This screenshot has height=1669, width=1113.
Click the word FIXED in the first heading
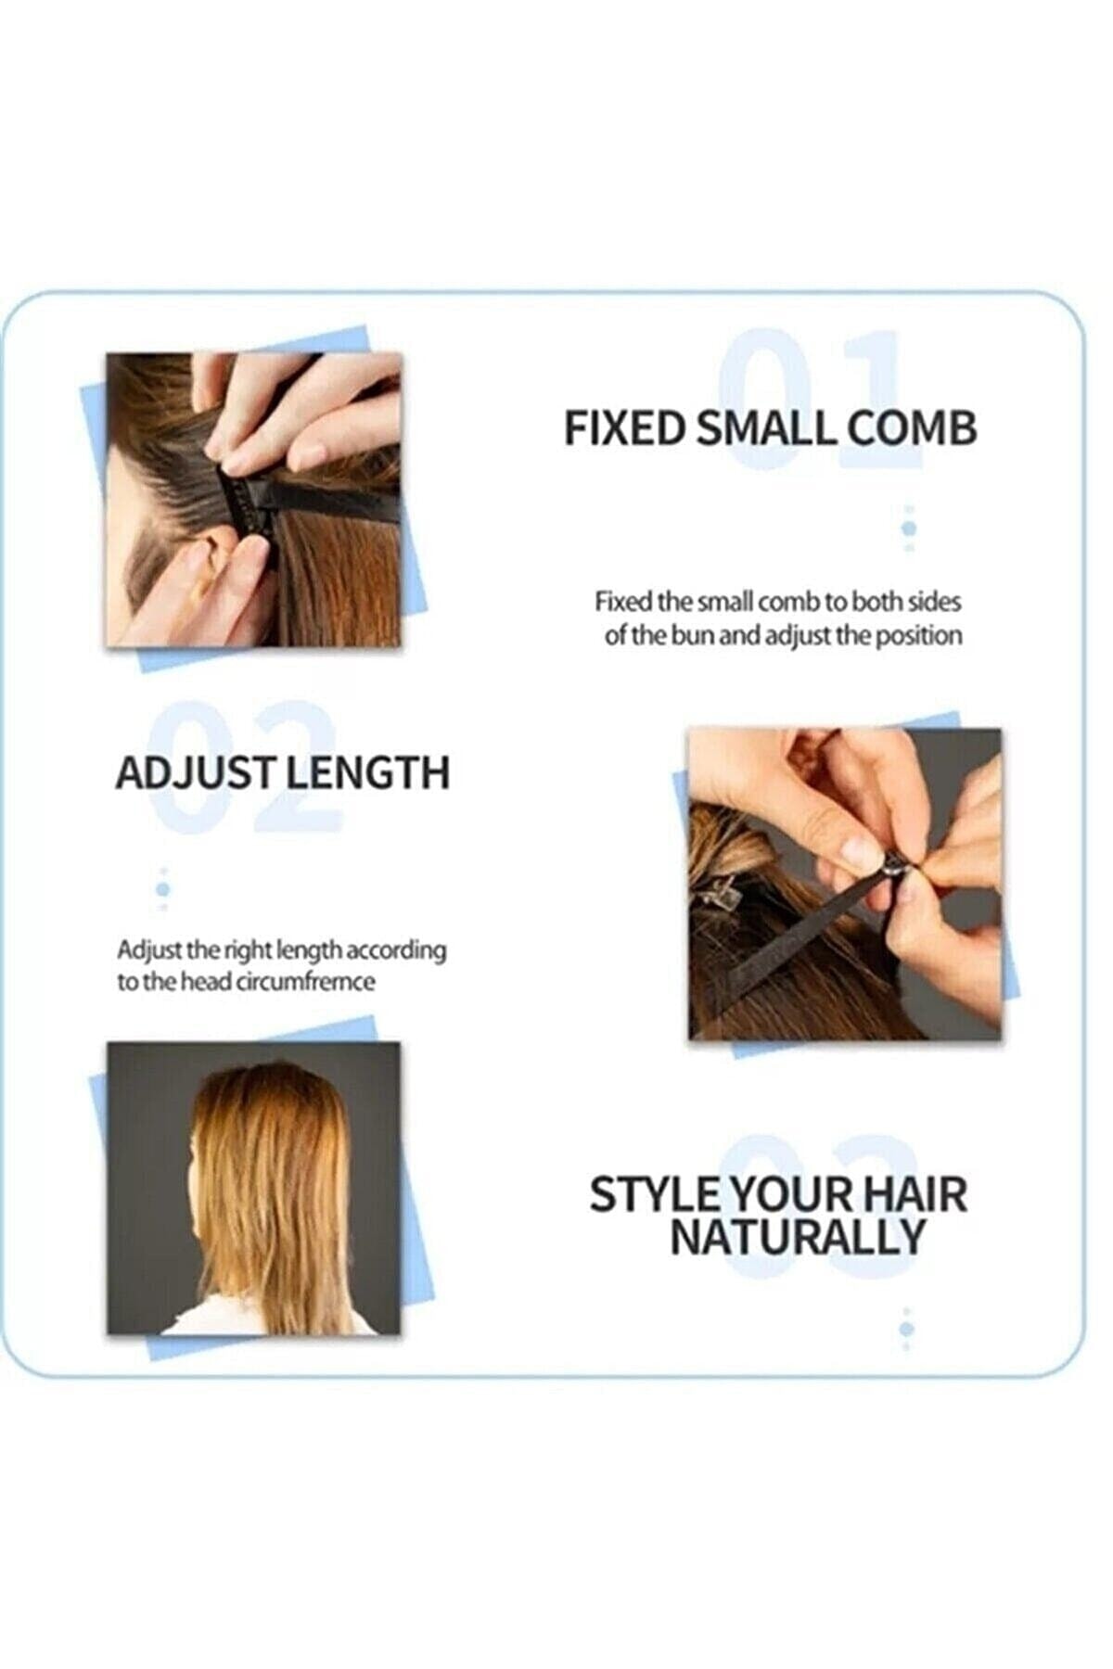click(x=624, y=429)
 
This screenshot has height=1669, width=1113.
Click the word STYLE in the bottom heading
click(x=654, y=1194)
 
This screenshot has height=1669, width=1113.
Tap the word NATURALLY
click(x=798, y=1237)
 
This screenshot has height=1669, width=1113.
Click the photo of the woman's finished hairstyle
click(x=254, y=1188)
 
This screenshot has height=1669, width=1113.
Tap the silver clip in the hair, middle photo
click(x=718, y=896)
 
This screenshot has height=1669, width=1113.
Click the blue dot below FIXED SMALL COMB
click(x=909, y=528)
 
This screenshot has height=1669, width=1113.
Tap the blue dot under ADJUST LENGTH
click(x=163, y=889)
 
